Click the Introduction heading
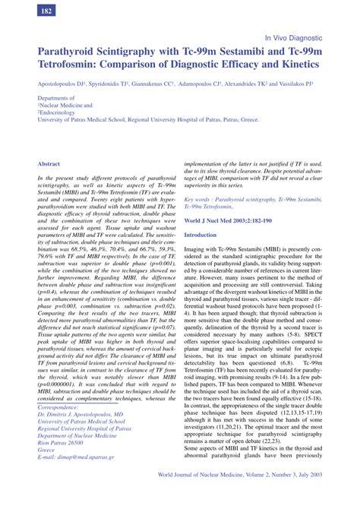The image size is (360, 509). pyautogui.click(x=201, y=236)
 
